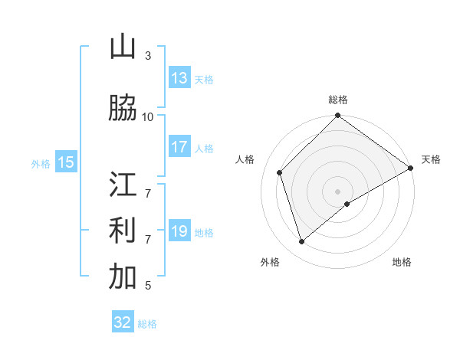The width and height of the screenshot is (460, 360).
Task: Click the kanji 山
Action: pyautogui.click(x=123, y=47)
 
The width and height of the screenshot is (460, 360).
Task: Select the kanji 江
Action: pyautogui.click(x=123, y=185)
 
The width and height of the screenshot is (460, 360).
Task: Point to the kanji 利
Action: pyautogui.click(x=123, y=231)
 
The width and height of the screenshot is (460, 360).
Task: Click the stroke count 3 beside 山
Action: pyautogui.click(x=148, y=56)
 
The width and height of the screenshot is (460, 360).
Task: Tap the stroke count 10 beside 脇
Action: pyautogui.click(x=148, y=116)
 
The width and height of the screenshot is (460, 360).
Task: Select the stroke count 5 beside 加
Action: pyautogui.click(x=148, y=286)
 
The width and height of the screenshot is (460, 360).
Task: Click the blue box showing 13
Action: pyautogui.click(x=179, y=78)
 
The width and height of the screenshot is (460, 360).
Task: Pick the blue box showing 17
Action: pyautogui.click(x=179, y=147)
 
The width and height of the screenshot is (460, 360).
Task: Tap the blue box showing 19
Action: pyautogui.click(x=179, y=231)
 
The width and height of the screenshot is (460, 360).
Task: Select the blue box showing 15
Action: pyautogui.click(x=66, y=162)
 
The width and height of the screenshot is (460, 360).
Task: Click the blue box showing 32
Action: pyautogui.click(x=123, y=322)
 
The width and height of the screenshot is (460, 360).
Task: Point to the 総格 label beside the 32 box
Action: pyautogui.click(x=147, y=324)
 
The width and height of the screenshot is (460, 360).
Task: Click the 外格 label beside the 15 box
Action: pyautogui.click(x=40, y=163)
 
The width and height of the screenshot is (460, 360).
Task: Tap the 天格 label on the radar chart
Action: pyautogui.click(x=432, y=159)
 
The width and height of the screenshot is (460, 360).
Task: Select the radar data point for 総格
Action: pyautogui.click(x=337, y=116)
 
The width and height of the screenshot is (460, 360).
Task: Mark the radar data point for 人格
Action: pyautogui.click(x=280, y=172)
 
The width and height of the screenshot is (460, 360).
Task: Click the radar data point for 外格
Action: pyautogui.click(x=302, y=241)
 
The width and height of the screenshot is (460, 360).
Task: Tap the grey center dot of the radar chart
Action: pyautogui.click(x=337, y=191)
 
